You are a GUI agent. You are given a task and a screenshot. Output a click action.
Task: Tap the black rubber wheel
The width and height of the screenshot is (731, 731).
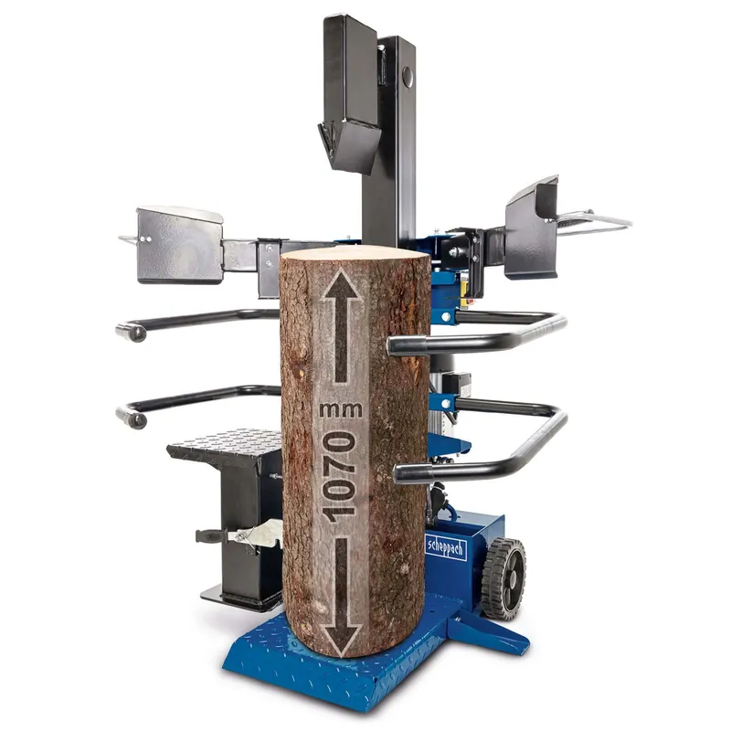(x=504, y=578)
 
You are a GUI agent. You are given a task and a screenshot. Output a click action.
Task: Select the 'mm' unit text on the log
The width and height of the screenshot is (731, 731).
(x=341, y=410)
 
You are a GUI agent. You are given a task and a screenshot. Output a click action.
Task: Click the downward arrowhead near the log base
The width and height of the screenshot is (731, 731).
(x=341, y=639)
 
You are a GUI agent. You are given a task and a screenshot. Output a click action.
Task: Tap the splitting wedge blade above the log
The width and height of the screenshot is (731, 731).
(x=349, y=143)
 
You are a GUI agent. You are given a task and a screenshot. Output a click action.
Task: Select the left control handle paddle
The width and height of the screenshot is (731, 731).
(x=179, y=245)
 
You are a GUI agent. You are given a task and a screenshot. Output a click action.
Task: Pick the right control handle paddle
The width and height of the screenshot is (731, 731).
(x=533, y=229)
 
